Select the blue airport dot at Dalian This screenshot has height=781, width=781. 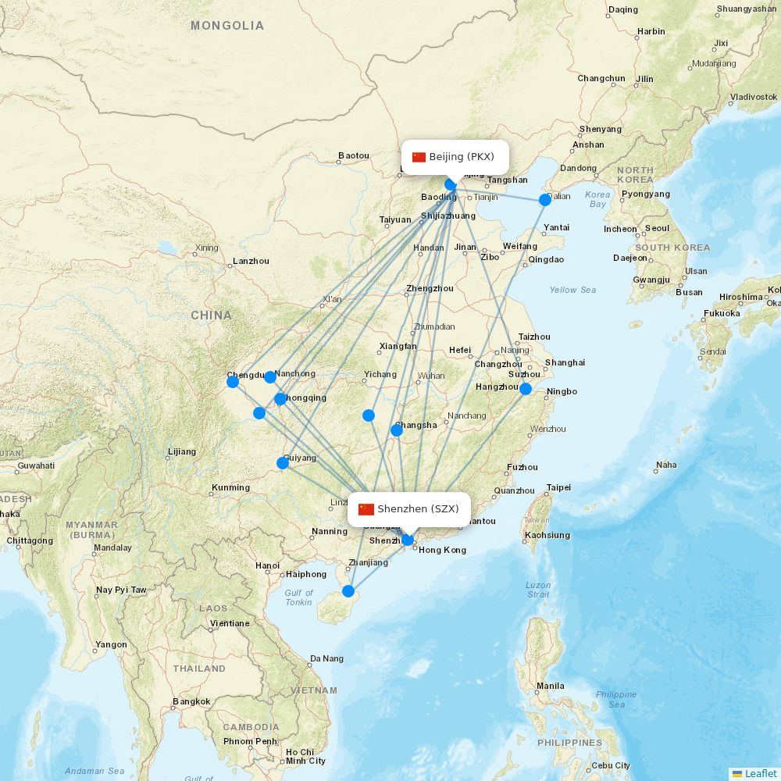click(x=545, y=200)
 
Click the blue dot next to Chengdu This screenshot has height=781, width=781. click(x=233, y=382)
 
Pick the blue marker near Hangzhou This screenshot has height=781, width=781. click(x=526, y=389)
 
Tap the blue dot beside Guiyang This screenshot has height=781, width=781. click(x=283, y=463)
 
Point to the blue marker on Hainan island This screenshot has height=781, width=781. click(x=348, y=591)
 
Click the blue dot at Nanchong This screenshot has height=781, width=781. click(x=270, y=377)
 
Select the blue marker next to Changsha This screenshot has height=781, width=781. click(x=397, y=430)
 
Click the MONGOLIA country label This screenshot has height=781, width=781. click(x=227, y=26)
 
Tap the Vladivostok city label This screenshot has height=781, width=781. click(x=754, y=97)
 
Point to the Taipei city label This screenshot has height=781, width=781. click(x=558, y=487)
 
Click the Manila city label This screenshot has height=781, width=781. click(x=551, y=686)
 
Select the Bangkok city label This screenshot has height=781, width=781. click(x=192, y=701)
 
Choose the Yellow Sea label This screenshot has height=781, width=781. click(x=572, y=290)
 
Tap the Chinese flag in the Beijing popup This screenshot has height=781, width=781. click(x=419, y=157)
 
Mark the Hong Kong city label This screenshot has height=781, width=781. click(x=443, y=550)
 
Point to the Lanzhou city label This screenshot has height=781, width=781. click(x=251, y=261)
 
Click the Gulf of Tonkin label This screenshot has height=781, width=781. click(x=298, y=597)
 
